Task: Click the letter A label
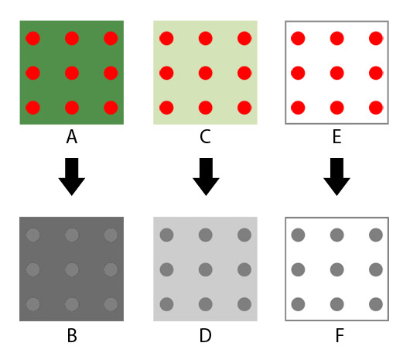pyautogui.click(x=72, y=136)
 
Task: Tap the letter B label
pyautogui.click(x=72, y=335)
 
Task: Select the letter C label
pyautogui.click(x=205, y=136)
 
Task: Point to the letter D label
pyautogui.click(x=205, y=335)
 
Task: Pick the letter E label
pyautogui.click(x=337, y=136)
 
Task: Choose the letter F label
pyautogui.click(x=340, y=335)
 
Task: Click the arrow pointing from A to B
pyautogui.click(x=72, y=177)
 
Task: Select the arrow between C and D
pyautogui.click(x=206, y=177)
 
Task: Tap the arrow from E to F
pyautogui.click(x=337, y=177)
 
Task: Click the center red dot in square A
pyautogui.click(x=72, y=73)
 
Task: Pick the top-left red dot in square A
pyautogui.click(x=33, y=38)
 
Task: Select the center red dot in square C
pyautogui.click(x=206, y=73)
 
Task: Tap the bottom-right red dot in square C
pyautogui.click(x=244, y=108)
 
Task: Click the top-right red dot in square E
pyautogui.click(x=376, y=38)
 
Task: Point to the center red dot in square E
pyautogui.click(x=337, y=73)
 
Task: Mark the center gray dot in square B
pyautogui.click(x=72, y=269)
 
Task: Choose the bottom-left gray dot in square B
pyautogui.click(x=33, y=304)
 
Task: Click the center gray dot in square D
pyautogui.click(x=206, y=269)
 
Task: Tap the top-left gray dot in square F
pyautogui.click(x=298, y=235)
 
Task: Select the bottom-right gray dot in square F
pyautogui.click(x=376, y=304)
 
